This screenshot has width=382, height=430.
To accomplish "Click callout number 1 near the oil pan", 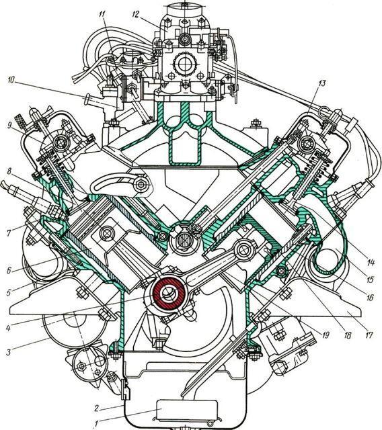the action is click(x=96, y=424).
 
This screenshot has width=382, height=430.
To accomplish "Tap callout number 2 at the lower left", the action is click(x=96, y=408).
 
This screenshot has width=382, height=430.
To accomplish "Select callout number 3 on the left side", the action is click(x=9, y=352).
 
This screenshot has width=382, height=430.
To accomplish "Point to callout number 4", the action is click(x=9, y=328).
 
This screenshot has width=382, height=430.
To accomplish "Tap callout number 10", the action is click(x=11, y=80).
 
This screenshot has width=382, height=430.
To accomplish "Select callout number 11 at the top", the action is click(x=102, y=14).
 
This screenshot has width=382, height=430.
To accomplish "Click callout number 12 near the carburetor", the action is click(x=136, y=13).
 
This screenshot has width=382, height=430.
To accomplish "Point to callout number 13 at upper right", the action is click(x=321, y=83).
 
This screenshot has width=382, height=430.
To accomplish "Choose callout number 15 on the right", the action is click(x=370, y=279).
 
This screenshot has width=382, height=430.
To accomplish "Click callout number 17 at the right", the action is click(x=369, y=335).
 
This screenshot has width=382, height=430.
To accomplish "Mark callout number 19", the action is click(x=326, y=335).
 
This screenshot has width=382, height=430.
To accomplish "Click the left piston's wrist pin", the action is click(x=107, y=233).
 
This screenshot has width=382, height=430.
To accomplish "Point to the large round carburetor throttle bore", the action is click(x=183, y=64).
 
